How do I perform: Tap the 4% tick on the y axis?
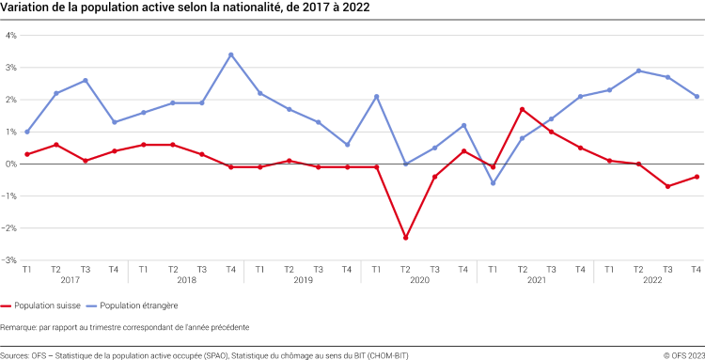(12, 36)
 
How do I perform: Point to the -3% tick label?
(11, 260)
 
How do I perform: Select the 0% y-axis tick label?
(12, 164)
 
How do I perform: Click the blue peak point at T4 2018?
(230, 55)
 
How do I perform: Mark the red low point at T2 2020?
(405, 238)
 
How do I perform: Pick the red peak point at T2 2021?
(522, 109)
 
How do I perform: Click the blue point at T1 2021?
(493, 183)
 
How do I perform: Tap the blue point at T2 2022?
(638, 70)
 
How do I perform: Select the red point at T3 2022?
(667, 186)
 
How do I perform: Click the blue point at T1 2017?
(26, 132)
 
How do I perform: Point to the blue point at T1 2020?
(376, 96)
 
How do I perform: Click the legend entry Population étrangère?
(132, 305)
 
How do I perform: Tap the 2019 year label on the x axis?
(303, 280)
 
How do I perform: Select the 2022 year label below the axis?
(652, 280)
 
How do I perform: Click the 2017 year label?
(70, 280)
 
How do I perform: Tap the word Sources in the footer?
(15, 354)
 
